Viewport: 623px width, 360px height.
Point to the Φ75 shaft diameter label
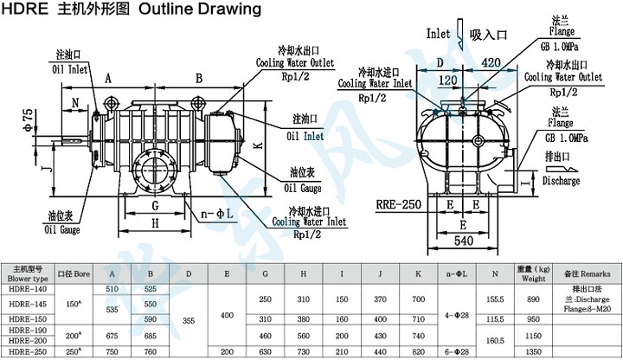click(29, 117)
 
